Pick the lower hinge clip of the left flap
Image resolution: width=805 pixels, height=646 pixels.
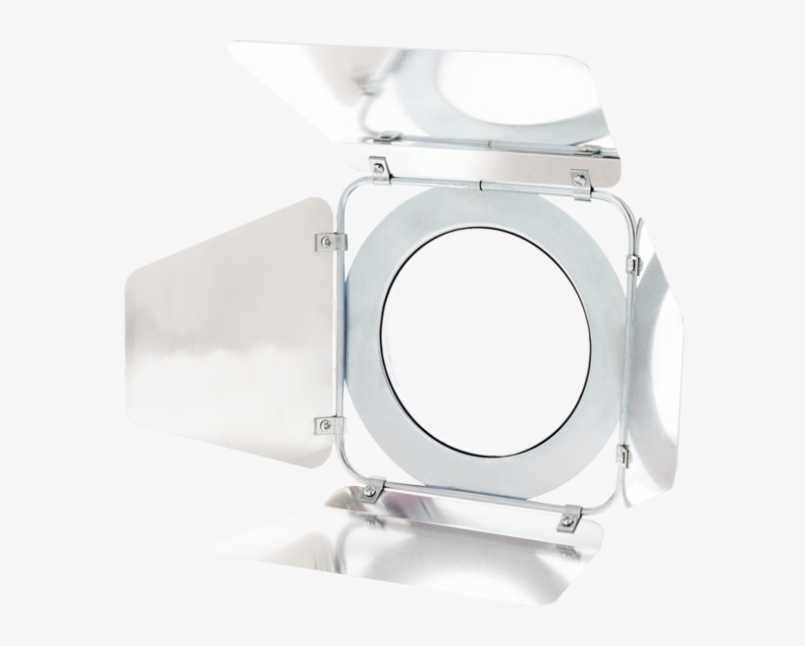point(324,425)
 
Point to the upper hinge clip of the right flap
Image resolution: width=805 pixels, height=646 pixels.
point(632,263)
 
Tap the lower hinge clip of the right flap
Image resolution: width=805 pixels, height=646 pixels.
point(622,455)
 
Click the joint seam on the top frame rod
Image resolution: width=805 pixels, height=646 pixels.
point(481,183)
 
